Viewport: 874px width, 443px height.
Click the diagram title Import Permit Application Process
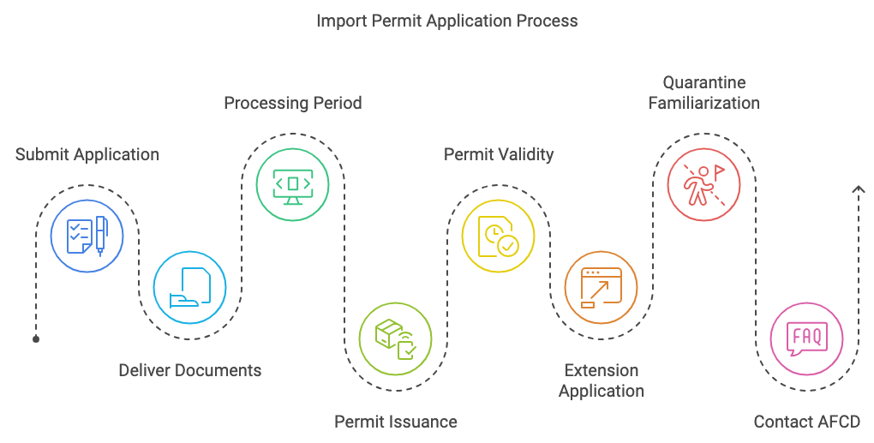(x=447, y=20)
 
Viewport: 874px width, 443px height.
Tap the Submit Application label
(x=87, y=155)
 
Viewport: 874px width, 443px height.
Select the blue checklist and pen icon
(x=87, y=236)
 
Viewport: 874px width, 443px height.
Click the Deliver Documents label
(x=190, y=371)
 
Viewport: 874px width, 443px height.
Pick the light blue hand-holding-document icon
(x=190, y=287)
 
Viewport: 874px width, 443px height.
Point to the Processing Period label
(x=293, y=104)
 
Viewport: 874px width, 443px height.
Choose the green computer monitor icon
(x=293, y=184)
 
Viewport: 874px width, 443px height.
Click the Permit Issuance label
(x=396, y=422)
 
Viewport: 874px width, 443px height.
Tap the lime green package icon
(x=396, y=338)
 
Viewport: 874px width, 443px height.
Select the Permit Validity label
(x=499, y=155)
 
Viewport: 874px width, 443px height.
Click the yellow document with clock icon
(x=499, y=236)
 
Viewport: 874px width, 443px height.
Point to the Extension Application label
(x=602, y=380)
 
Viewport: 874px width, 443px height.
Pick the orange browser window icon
(x=602, y=287)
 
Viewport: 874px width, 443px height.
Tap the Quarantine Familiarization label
(x=704, y=93)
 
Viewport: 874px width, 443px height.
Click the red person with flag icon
(x=704, y=184)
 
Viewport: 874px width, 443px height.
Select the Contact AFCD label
(x=806, y=422)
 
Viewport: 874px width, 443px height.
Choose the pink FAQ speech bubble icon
(x=806, y=338)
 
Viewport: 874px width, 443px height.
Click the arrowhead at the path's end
(x=858, y=189)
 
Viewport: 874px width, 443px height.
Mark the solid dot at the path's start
(x=36, y=339)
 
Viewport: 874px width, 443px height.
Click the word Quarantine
(x=704, y=83)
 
